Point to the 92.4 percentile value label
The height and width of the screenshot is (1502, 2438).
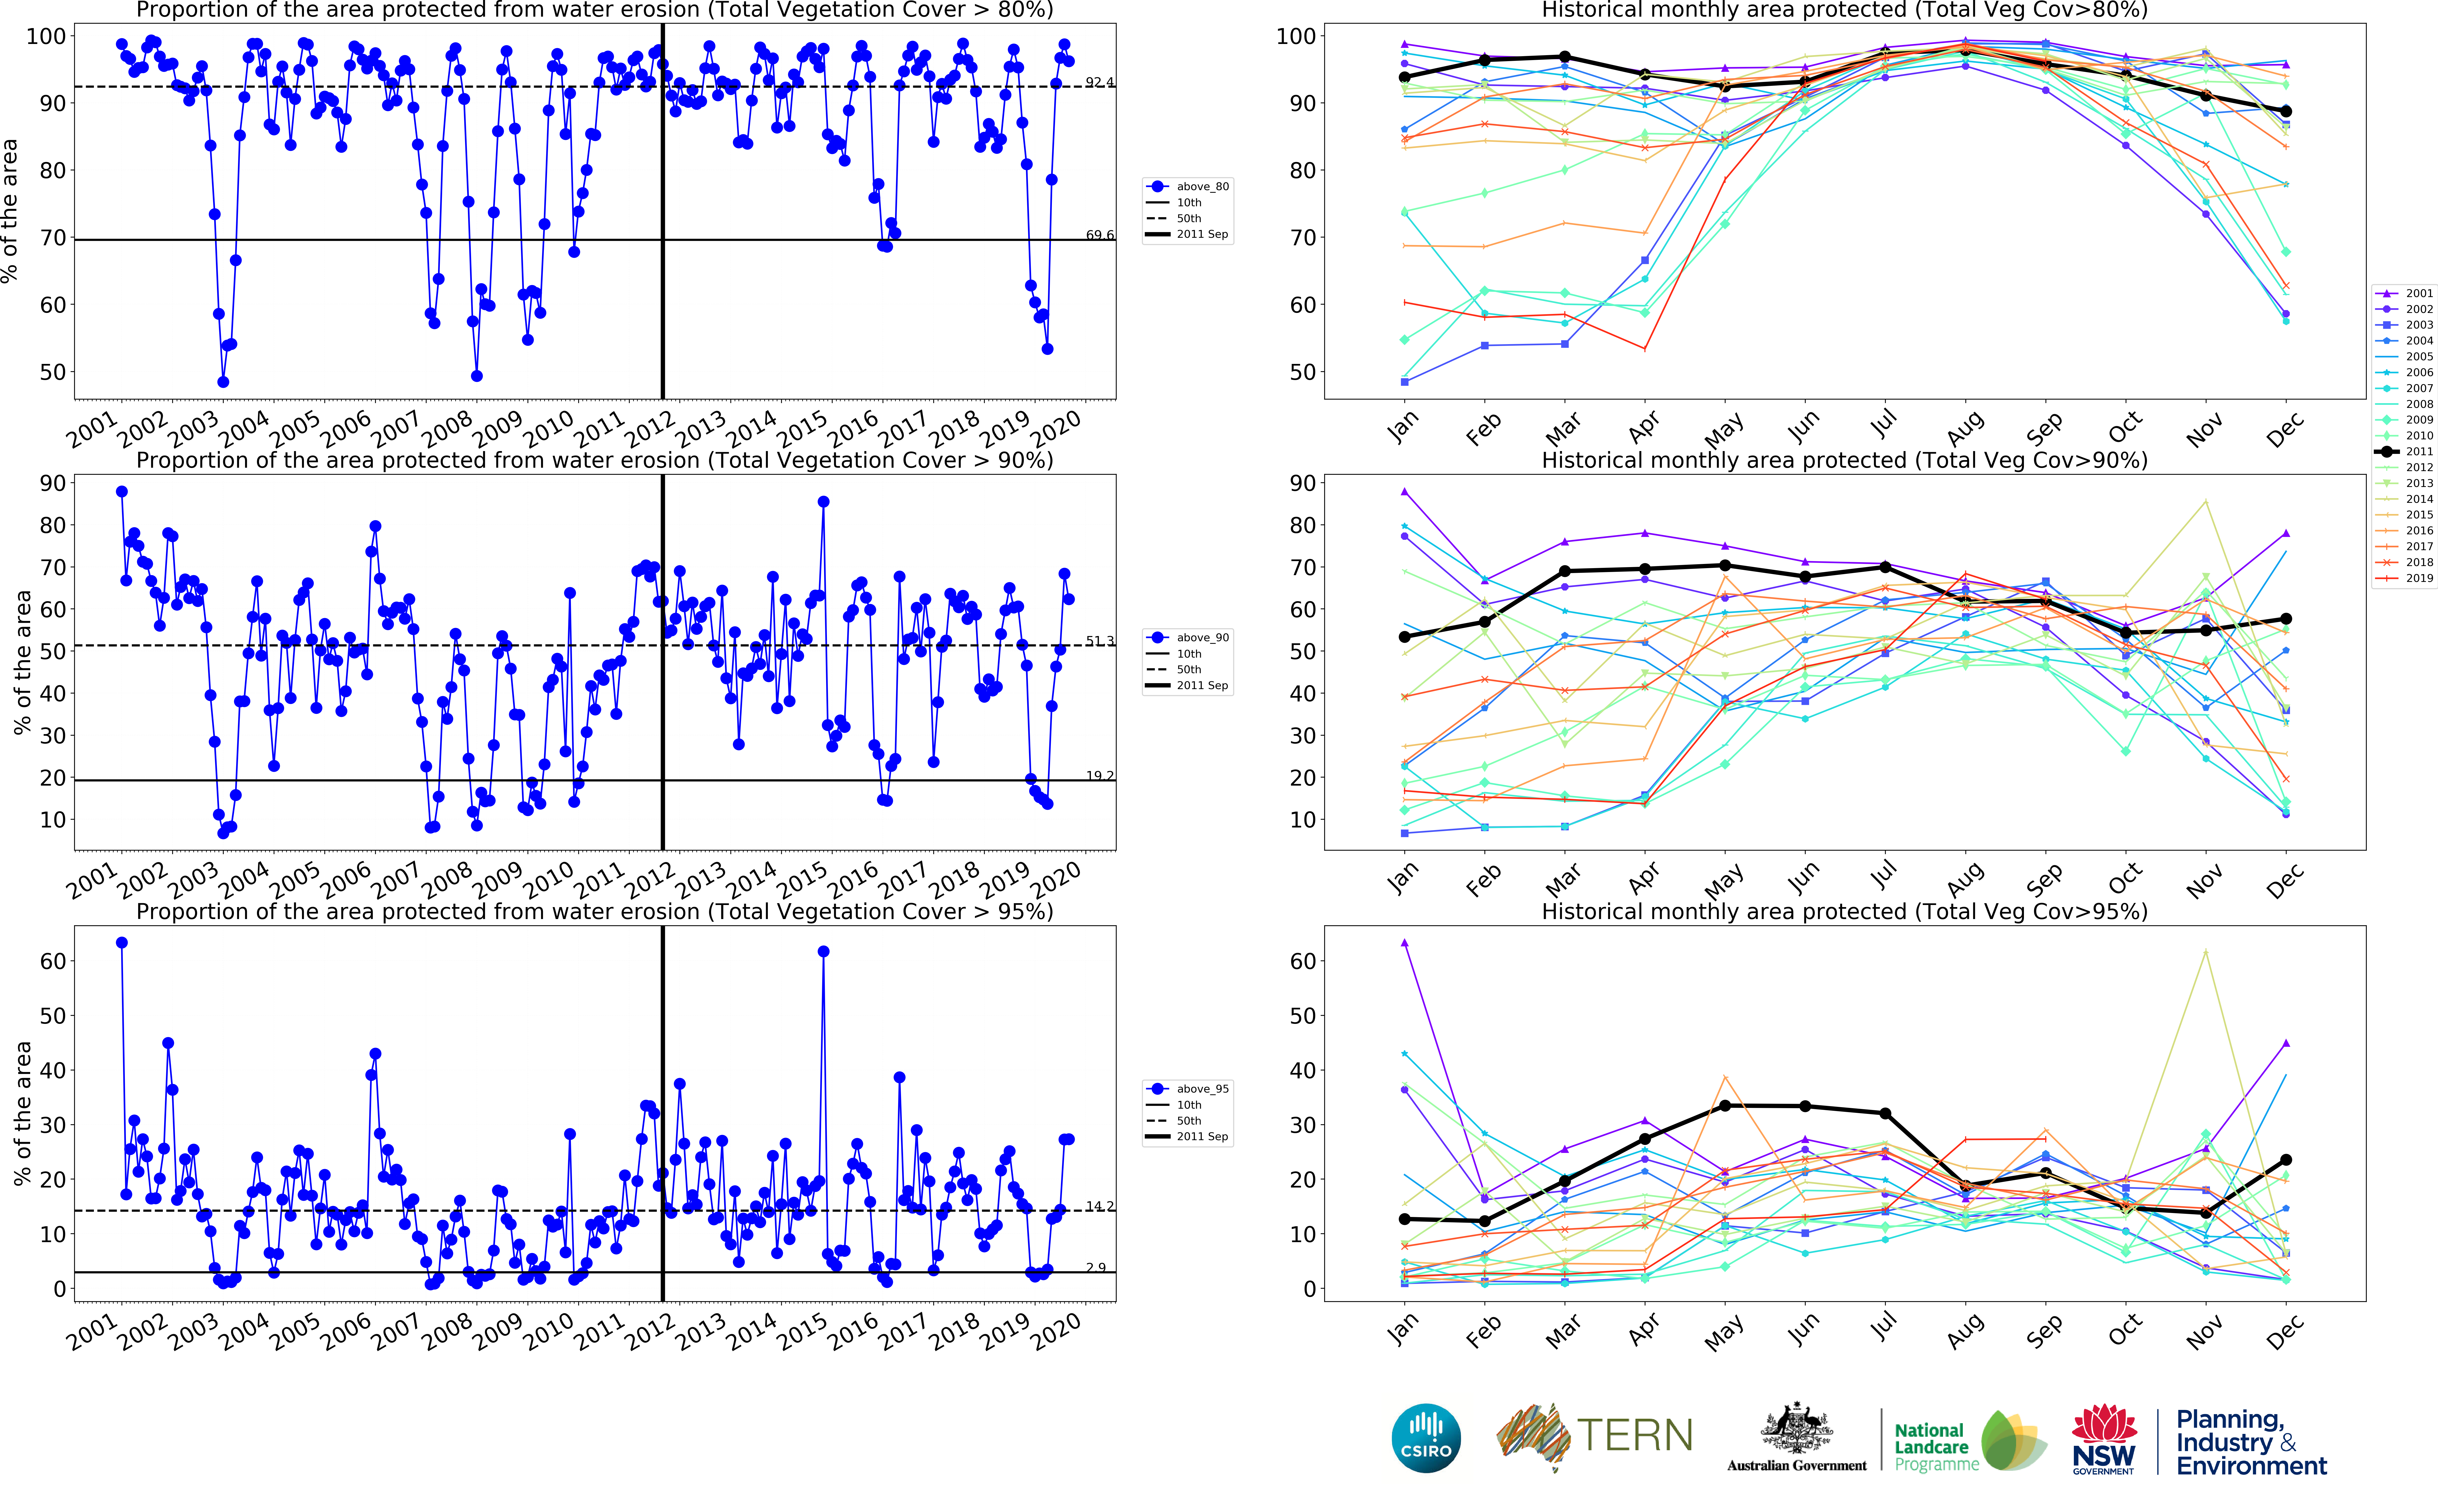1099,81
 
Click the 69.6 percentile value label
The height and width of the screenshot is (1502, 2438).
1099,235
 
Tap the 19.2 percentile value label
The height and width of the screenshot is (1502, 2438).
1099,776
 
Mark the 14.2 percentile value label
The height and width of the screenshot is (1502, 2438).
1099,1206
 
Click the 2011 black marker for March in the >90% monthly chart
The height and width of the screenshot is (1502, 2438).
1565,571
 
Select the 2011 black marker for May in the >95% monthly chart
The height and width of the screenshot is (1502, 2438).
1725,1106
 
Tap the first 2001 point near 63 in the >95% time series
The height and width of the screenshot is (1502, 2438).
122,943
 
